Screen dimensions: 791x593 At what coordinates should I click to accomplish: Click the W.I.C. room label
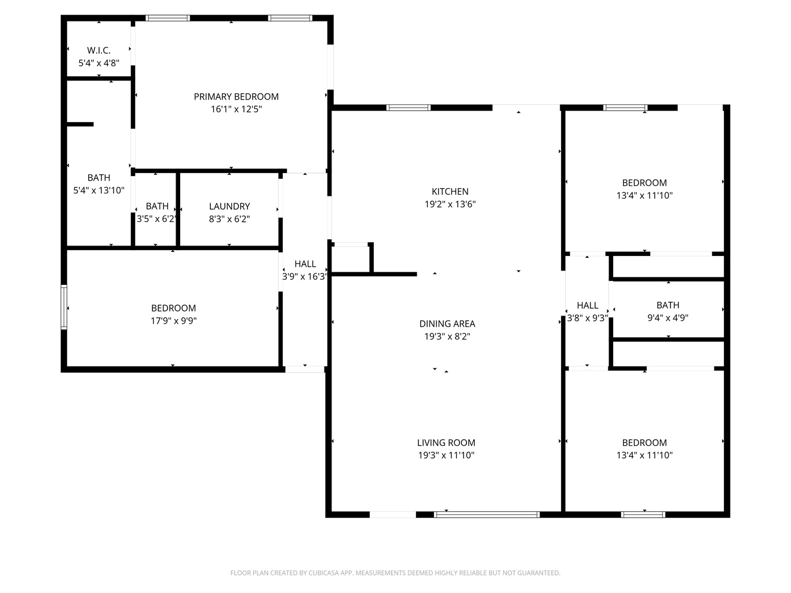[99, 50]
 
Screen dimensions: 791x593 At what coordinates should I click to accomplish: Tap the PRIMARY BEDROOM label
[236, 97]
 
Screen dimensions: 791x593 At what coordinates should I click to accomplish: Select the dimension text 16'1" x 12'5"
[236, 109]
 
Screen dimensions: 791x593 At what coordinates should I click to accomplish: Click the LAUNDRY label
[229, 206]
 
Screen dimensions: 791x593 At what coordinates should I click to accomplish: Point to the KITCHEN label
[450, 192]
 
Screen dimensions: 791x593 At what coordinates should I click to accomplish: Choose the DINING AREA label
[447, 324]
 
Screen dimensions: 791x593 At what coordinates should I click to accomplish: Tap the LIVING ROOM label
[446, 442]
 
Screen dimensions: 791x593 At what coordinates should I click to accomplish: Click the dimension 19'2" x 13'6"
[450, 204]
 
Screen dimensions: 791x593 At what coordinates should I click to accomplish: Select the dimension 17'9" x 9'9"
[173, 320]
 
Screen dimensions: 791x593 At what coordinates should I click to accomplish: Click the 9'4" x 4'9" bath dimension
[668, 317]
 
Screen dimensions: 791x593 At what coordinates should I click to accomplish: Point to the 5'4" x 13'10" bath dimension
[99, 190]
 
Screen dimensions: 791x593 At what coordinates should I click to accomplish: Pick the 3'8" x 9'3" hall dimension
[588, 318]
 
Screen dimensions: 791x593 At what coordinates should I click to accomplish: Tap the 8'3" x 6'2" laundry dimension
[229, 219]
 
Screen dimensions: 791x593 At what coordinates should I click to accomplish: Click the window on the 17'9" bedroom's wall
[64, 307]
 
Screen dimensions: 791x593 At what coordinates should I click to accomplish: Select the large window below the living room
[487, 514]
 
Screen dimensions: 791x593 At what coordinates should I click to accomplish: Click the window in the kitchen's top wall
[409, 108]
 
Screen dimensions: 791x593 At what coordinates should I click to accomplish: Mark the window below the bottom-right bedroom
[643, 514]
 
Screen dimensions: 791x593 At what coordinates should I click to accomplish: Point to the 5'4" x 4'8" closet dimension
[99, 63]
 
